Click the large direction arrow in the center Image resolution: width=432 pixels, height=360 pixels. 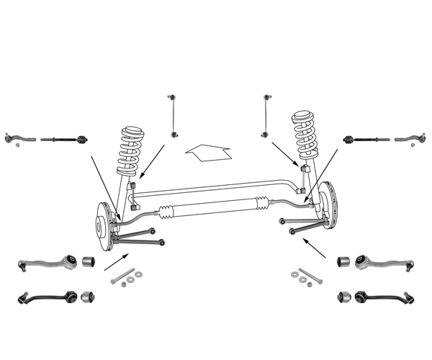(207, 150)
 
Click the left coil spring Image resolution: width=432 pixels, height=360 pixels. (132, 150)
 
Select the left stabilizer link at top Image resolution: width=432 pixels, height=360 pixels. (172, 114)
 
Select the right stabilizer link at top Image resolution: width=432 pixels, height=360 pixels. (266, 114)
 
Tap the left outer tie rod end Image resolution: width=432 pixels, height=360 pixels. (15, 137)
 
